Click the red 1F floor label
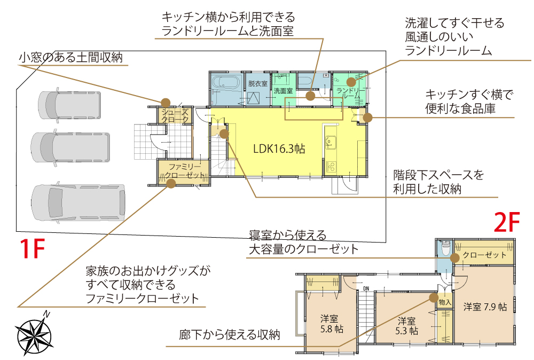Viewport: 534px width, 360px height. coord(32,248)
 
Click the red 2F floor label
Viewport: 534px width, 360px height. coord(506,222)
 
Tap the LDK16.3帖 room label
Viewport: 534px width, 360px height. coord(279,149)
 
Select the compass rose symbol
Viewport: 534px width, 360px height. coord(35,333)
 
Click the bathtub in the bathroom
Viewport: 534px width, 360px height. coord(225,83)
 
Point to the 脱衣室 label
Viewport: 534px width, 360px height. coord(257,84)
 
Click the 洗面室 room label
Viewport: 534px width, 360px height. coord(283,91)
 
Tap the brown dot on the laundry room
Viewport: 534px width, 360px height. coord(351,82)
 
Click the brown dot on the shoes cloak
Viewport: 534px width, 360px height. coord(166,102)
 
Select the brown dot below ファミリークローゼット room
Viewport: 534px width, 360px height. coord(171,184)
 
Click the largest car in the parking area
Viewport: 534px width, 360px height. coord(79,203)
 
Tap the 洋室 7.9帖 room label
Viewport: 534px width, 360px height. coord(484,307)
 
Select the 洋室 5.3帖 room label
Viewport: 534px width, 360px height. coord(407,326)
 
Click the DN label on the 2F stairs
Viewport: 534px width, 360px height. coord(366,289)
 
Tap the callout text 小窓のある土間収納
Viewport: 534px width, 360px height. coord(73,57)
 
